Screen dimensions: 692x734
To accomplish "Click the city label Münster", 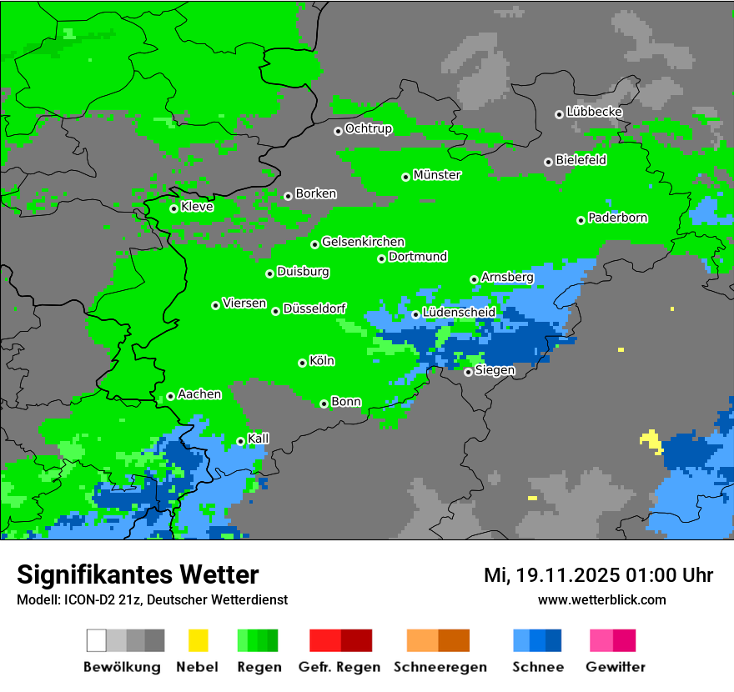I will click(x=437, y=175).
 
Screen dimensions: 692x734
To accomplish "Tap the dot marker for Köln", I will click(x=302, y=363).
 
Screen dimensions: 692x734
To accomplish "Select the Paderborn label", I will click(x=618, y=218).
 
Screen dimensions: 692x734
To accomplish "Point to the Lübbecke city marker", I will click(x=559, y=114).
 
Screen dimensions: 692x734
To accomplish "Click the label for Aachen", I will click(x=199, y=394).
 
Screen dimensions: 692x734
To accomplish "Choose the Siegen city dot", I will click(x=468, y=372).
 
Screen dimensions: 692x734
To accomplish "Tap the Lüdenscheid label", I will click(x=460, y=313).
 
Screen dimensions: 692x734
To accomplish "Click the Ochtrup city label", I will click(x=369, y=128).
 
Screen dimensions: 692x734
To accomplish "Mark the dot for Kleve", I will click(x=173, y=208).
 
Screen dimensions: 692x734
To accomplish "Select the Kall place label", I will click(x=259, y=439).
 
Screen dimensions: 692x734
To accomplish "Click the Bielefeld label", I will click(x=581, y=160).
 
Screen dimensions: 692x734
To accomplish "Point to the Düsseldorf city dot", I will click(x=275, y=311).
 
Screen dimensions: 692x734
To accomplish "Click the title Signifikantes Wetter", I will click(x=138, y=574).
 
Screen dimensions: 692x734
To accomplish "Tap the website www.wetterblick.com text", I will click(x=601, y=599).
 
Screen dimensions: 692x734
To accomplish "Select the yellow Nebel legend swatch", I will click(x=198, y=640).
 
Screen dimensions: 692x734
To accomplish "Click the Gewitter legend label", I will click(x=616, y=667).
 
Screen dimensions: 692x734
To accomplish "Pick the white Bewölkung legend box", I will click(x=97, y=640).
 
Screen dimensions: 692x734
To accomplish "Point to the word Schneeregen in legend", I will click(x=440, y=667).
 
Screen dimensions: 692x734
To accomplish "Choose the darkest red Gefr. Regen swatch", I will click(x=356, y=640).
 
